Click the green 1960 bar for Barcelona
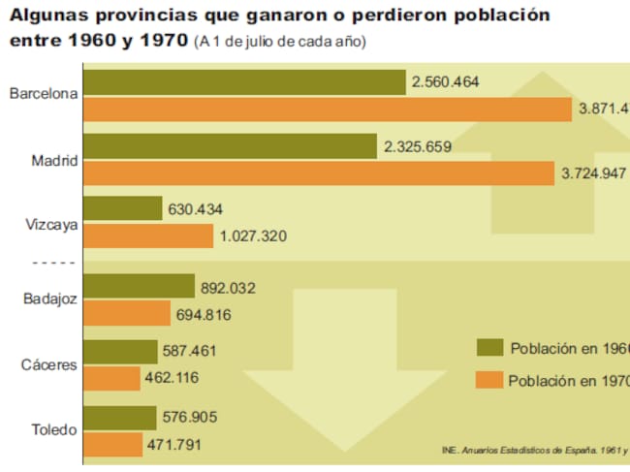pyautogui.click(x=244, y=82)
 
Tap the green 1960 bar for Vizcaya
pyautogui.click(x=123, y=208)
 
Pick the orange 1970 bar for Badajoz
pyautogui.click(x=127, y=314)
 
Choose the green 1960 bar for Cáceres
pyautogui.click(x=121, y=351)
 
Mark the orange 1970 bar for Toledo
pyautogui.click(x=113, y=445)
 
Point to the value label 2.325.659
pyautogui.click(x=417, y=147)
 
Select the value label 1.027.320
pyautogui.click(x=253, y=236)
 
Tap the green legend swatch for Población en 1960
pyautogui.click(x=489, y=348)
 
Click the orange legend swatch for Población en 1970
pyautogui.click(x=489, y=380)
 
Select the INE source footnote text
pyautogui.click(x=533, y=450)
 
